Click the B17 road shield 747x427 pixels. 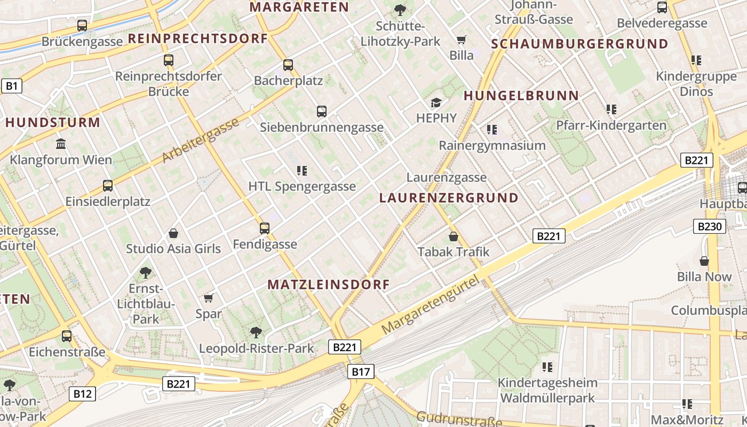(x=361, y=371)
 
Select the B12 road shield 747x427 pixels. (x=82, y=394)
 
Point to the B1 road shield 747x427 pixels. (x=11, y=86)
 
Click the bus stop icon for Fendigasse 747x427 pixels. (x=265, y=228)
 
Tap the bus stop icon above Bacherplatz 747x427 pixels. (x=288, y=65)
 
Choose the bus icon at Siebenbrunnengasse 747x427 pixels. (x=322, y=111)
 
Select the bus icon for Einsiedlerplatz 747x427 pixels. (x=108, y=186)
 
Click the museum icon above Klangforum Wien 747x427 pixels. (x=61, y=144)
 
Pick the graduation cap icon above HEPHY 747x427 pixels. (x=436, y=102)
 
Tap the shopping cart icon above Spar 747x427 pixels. (x=209, y=298)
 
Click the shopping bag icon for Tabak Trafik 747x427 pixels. (x=454, y=236)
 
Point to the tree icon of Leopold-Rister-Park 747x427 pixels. (x=256, y=332)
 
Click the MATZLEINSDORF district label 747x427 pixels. (x=329, y=284)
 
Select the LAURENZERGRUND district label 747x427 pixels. (x=449, y=198)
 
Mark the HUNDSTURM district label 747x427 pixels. (x=53, y=122)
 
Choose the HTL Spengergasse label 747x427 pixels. (x=302, y=186)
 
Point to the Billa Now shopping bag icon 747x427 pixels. (x=704, y=261)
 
